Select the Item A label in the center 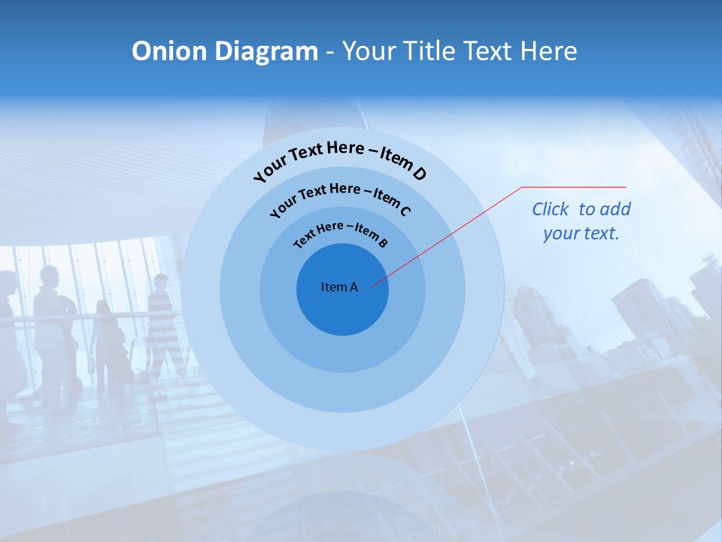tap(339, 287)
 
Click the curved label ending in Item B tap(341, 233)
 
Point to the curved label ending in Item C tap(340, 197)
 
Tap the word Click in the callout tap(551, 209)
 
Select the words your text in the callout tap(581, 233)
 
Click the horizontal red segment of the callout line tap(574, 187)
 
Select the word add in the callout tap(615, 209)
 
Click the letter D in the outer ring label tap(419, 174)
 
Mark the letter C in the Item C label tap(405, 211)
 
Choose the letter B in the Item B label tap(383, 242)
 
